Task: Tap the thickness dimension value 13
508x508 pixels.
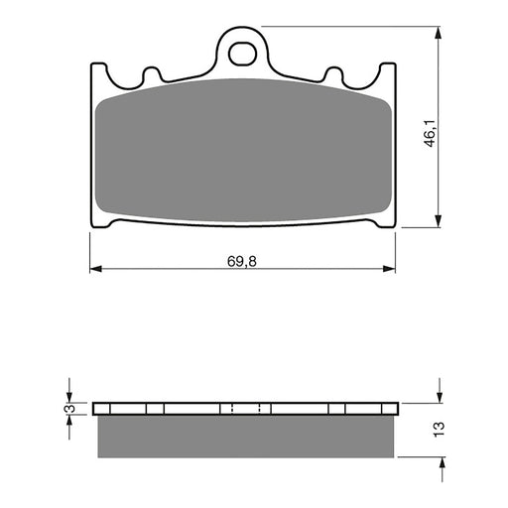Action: (x=439, y=429)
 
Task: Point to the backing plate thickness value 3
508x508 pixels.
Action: (x=68, y=409)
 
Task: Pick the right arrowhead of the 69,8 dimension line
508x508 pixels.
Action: (x=389, y=268)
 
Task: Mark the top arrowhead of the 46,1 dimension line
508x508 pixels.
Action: (x=438, y=34)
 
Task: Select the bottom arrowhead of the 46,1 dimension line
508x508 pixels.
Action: (x=438, y=222)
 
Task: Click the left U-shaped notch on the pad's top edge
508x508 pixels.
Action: (x=152, y=75)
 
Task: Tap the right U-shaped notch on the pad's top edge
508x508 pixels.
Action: (x=333, y=75)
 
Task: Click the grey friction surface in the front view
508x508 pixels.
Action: (x=242, y=149)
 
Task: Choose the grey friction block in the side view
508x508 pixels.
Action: (x=242, y=437)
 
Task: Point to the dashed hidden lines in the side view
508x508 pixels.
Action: (x=244, y=409)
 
